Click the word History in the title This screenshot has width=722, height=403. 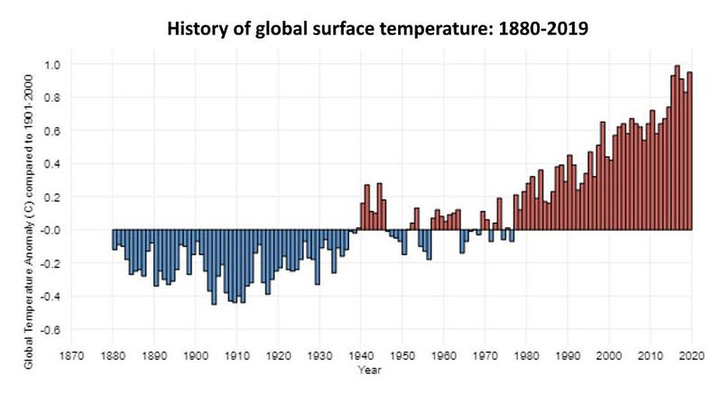[x=199, y=26]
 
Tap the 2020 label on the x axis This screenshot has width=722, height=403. [x=692, y=354]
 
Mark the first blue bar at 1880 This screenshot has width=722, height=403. [x=115, y=239]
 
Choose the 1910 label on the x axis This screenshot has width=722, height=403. [x=236, y=354]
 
